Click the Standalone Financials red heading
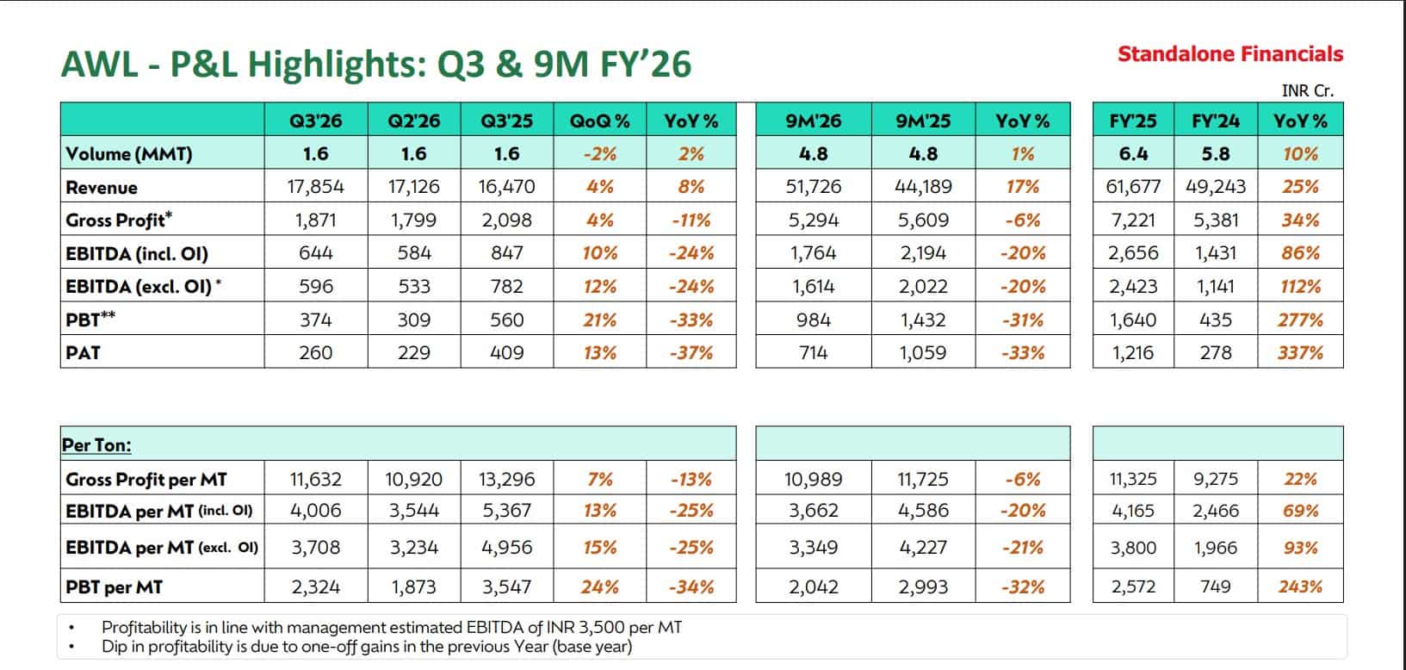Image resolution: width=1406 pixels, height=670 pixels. point(1229,54)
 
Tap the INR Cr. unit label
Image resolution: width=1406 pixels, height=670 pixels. point(1307,90)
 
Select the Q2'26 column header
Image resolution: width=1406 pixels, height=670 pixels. point(414,121)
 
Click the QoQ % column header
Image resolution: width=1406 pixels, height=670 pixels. point(599,121)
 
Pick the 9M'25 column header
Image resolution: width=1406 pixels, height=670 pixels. point(922,121)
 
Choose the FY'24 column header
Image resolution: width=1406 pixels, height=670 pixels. point(1216,121)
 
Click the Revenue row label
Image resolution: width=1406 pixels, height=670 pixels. point(102,187)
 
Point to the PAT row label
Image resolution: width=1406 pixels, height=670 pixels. point(83,352)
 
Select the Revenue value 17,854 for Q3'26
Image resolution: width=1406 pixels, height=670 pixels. point(316,187)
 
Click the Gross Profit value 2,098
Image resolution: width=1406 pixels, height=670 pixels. point(506,220)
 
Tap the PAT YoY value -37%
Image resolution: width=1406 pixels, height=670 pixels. point(691,352)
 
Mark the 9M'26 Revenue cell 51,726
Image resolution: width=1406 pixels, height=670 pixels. point(814,187)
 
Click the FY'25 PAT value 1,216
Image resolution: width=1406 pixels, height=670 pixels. point(1133,352)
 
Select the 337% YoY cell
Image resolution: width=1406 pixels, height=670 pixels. point(1300,352)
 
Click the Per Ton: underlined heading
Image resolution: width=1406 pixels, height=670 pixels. point(96,445)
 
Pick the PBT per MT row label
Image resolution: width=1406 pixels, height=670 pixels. point(114,587)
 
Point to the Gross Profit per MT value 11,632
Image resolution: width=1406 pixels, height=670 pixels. point(316,479)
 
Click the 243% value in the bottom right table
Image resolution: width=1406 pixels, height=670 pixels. point(1300,587)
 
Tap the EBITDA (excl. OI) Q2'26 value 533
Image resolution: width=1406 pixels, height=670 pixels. point(414,286)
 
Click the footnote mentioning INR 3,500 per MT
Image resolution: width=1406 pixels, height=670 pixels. point(392,628)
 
